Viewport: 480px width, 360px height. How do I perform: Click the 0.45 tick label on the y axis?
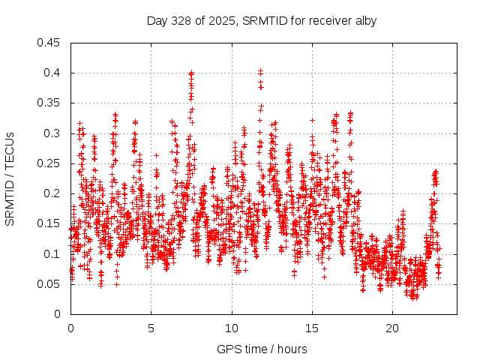click(50, 43)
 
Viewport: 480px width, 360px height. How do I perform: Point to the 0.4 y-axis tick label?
click(53, 73)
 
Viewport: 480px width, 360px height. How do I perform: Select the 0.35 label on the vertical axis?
click(50, 103)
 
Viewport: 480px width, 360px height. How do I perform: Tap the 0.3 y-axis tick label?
click(53, 133)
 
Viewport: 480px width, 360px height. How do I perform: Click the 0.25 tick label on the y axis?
click(50, 163)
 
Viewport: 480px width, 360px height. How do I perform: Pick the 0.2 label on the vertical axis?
click(53, 193)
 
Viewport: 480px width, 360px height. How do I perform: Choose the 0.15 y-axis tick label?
click(50, 223)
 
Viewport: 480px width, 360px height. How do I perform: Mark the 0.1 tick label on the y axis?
click(53, 253)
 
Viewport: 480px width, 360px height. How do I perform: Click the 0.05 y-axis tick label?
click(50, 284)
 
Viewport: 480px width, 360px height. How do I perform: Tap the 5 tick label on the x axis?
click(151, 329)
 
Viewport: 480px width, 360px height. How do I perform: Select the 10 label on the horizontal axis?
click(232, 329)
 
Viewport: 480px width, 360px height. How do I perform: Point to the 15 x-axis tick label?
click(312, 329)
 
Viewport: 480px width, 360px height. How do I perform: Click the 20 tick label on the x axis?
click(392, 329)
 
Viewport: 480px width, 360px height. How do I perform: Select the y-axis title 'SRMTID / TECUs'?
click(10, 178)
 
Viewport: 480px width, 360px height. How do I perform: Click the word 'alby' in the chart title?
click(364, 20)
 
